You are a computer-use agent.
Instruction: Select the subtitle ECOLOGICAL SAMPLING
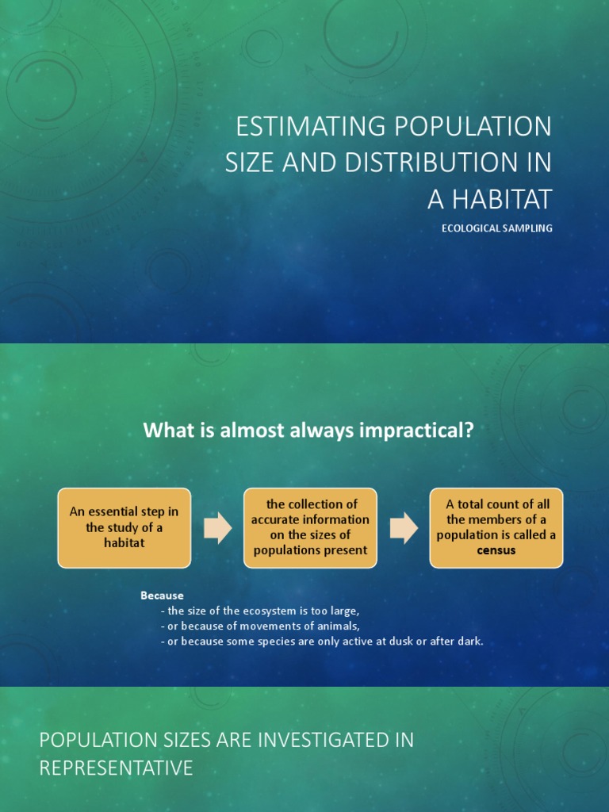[496, 228]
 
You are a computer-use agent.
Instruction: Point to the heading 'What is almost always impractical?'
[308, 431]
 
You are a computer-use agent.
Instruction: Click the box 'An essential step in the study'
[124, 527]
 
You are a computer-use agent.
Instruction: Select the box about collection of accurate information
[310, 527]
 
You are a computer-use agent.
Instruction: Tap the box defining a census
[496, 527]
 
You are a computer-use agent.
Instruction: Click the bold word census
[496, 550]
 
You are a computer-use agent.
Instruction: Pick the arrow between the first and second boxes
[217, 528]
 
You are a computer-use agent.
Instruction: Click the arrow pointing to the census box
[404, 528]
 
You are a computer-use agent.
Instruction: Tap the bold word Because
[162, 596]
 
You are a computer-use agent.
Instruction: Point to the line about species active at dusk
[321, 642]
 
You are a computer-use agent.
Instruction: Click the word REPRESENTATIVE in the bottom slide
[116, 768]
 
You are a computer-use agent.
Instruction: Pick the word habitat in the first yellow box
[124, 543]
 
